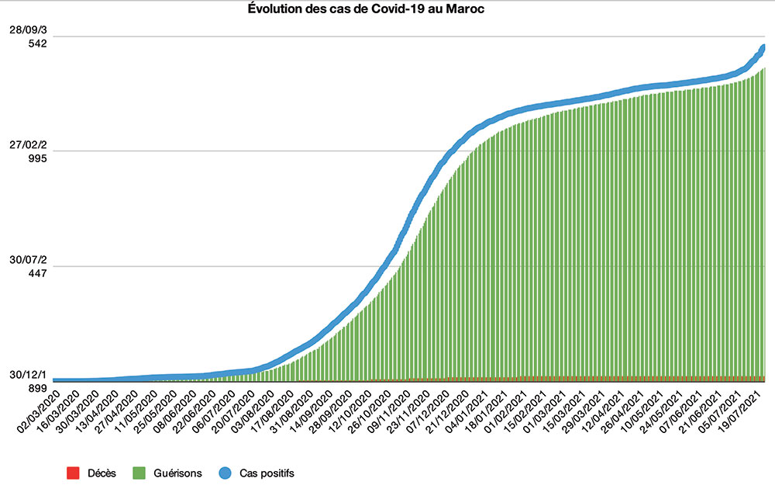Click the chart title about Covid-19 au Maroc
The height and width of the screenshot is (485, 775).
tap(387, 9)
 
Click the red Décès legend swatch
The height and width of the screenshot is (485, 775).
tap(74, 472)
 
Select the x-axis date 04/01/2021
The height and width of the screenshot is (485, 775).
tap(468, 411)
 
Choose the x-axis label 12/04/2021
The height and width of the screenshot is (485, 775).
tap(604, 411)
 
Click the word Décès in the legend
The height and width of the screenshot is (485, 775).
tap(102, 472)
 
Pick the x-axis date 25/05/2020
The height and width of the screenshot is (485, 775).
tap(155, 411)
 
